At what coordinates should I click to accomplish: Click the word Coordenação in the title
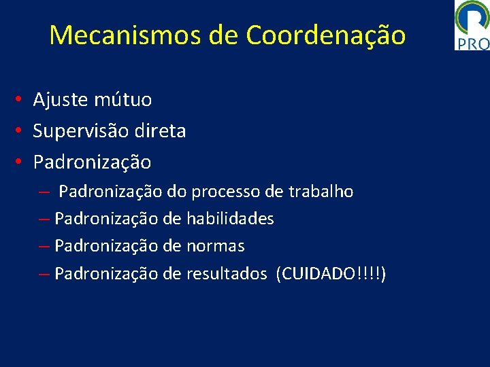326,35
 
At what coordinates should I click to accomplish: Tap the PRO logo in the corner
472,26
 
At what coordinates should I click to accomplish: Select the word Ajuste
60,101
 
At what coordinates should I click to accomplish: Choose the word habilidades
230,219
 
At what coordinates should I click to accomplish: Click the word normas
215,246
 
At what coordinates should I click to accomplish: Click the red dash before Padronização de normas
44,247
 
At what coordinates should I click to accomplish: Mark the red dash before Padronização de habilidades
44,220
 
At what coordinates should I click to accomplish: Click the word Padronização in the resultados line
106,274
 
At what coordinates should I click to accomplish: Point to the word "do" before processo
177,192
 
